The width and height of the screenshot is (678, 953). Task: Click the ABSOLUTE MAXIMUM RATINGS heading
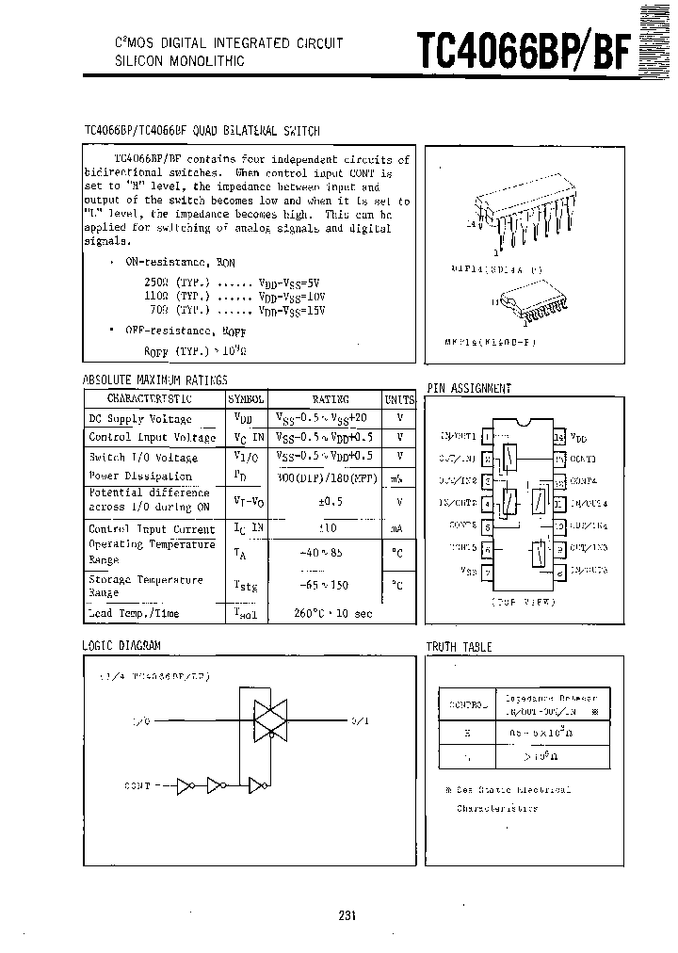point(155,380)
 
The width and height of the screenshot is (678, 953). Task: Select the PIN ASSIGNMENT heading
point(469,388)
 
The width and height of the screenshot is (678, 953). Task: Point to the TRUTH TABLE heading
point(459,647)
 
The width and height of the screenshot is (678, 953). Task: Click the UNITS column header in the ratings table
point(399,399)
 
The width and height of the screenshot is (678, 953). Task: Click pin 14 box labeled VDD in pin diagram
point(558,438)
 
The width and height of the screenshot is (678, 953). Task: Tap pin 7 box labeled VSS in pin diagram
point(486,572)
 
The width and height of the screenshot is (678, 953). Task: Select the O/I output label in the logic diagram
point(360,720)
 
